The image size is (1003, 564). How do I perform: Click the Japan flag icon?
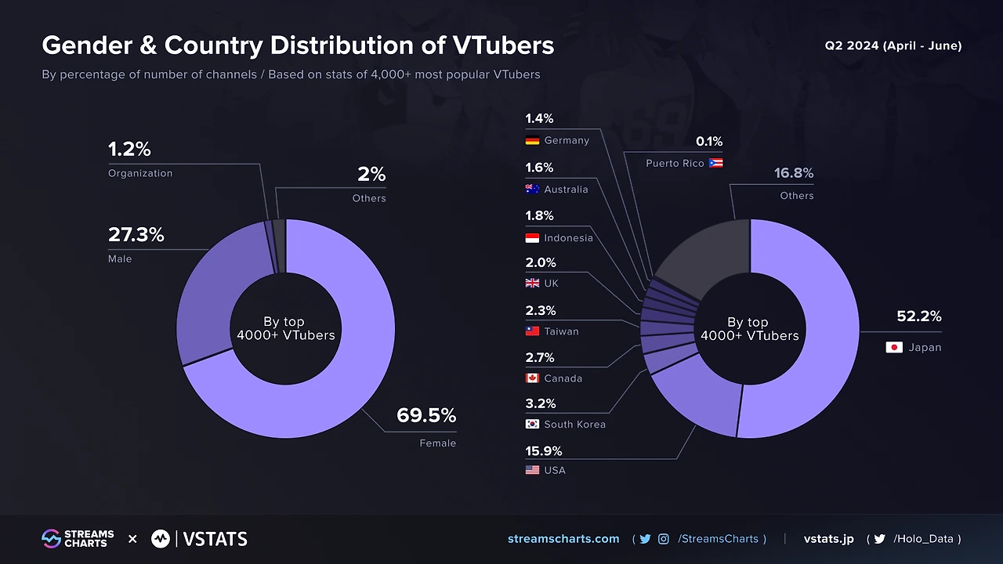[894, 347]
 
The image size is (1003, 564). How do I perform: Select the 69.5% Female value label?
[425, 416]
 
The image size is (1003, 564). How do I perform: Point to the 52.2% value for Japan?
[918, 316]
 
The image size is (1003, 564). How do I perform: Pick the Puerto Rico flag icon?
[715, 163]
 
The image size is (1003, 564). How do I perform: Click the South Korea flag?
[532, 424]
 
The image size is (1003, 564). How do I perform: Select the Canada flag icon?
[532, 378]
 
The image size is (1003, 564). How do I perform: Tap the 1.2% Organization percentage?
[129, 149]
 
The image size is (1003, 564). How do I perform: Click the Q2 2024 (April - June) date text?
[893, 45]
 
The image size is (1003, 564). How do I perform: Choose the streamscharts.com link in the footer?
[563, 539]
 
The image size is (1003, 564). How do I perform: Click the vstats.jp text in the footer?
[828, 539]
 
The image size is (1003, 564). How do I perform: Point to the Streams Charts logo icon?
[51, 539]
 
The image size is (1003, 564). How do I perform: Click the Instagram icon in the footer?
[664, 539]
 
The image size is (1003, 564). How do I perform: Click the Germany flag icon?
[532, 140]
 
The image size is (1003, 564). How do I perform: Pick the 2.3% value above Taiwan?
[540, 311]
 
